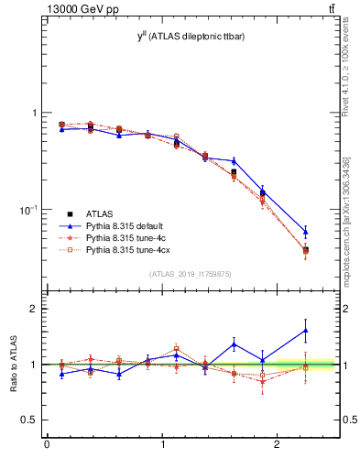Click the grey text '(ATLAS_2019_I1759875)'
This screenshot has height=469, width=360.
coord(189,273)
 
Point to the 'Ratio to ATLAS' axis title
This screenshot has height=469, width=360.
coord(15,365)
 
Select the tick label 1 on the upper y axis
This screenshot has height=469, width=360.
coord(35,113)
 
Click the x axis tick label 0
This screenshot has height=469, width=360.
coord(47,446)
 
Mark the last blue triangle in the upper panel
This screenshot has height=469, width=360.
coord(305,232)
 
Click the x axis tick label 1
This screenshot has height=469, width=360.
coord(162,446)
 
